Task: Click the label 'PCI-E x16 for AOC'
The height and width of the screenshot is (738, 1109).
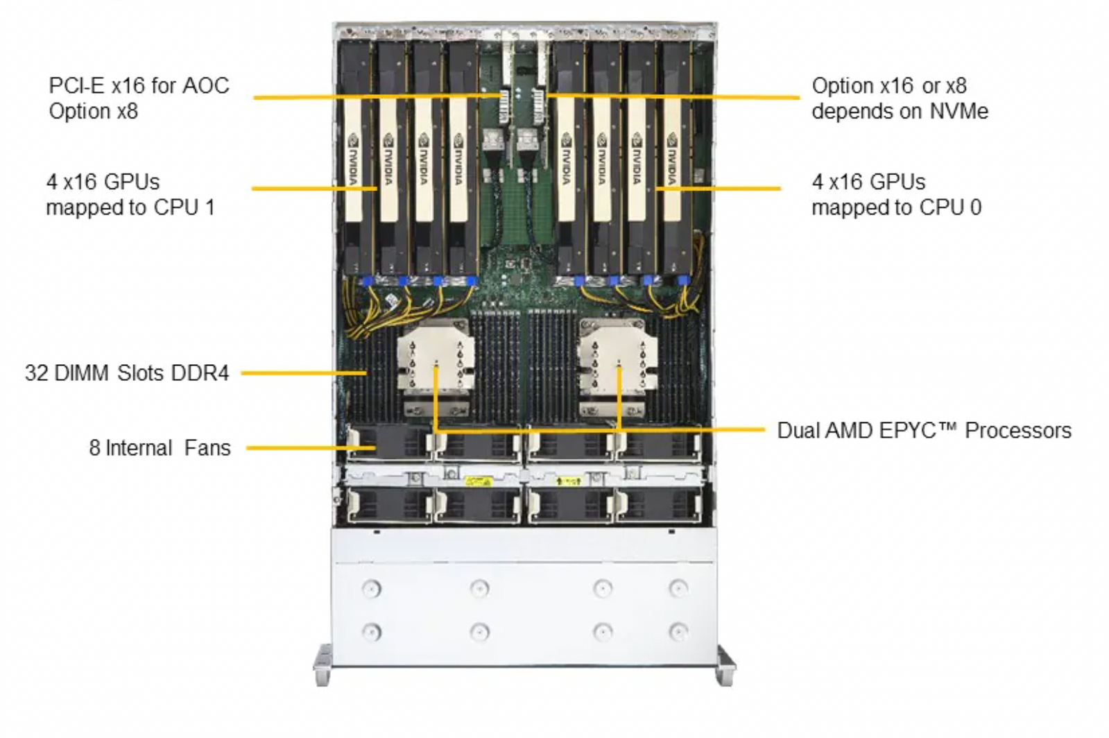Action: point(139,85)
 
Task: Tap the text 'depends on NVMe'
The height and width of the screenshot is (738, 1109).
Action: point(900,111)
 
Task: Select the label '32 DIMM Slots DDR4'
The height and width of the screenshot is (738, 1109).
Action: point(127,372)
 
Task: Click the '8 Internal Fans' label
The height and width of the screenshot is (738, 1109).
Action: point(160,447)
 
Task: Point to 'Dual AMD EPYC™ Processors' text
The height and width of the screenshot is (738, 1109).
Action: point(924,430)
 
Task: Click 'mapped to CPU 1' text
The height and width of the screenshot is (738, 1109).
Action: point(130,207)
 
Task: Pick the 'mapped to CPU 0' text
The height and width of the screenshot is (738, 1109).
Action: point(896,207)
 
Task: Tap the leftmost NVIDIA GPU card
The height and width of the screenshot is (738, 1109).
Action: point(354,160)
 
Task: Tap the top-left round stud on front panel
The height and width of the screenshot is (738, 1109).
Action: point(371,589)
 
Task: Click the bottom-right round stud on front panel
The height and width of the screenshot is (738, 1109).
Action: point(678,632)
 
